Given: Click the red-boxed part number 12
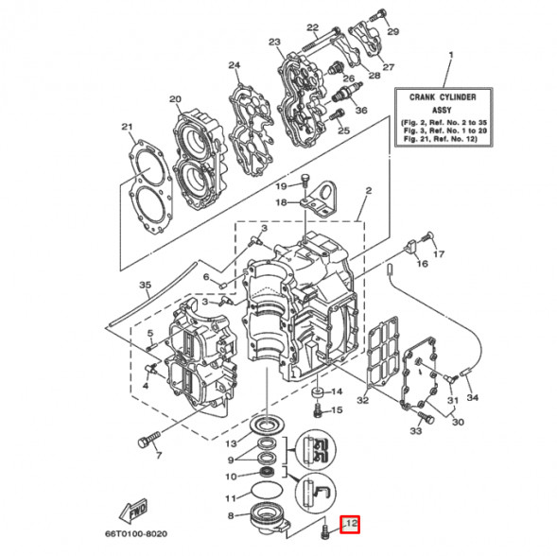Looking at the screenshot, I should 351,523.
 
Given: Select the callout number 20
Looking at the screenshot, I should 175,99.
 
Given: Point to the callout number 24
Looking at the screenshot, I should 235,65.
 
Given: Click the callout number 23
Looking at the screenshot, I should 274,43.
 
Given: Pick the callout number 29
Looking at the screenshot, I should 392,32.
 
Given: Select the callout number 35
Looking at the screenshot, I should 145,285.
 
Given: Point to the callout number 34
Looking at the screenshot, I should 473,397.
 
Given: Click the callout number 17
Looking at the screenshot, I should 438,254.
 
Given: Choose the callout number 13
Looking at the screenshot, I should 230,444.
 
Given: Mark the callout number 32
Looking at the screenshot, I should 361,400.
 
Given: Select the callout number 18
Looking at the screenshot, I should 281,202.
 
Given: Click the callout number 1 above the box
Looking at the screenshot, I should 450,56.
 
